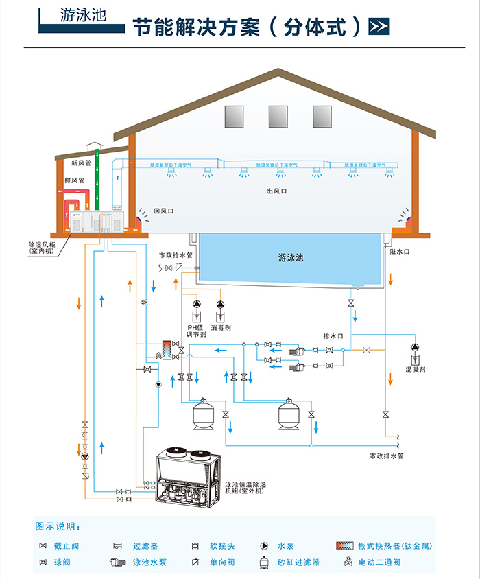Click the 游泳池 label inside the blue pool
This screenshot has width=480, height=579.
(x=291, y=258)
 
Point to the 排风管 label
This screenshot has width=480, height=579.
(x=74, y=181)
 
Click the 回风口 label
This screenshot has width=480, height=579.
(x=163, y=211)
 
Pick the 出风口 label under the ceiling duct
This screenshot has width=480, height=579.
(x=276, y=191)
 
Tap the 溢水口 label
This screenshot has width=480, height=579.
(x=399, y=252)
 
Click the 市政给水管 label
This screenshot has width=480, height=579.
(x=176, y=255)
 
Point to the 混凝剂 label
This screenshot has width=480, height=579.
(x=416, y=369)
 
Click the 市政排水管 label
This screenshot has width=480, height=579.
(x=387, y=456)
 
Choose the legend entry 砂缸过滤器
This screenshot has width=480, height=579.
(x=298, y=563)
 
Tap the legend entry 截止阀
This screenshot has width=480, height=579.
(x=66, y=546)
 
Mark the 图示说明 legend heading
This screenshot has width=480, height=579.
(x=58, y=527)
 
